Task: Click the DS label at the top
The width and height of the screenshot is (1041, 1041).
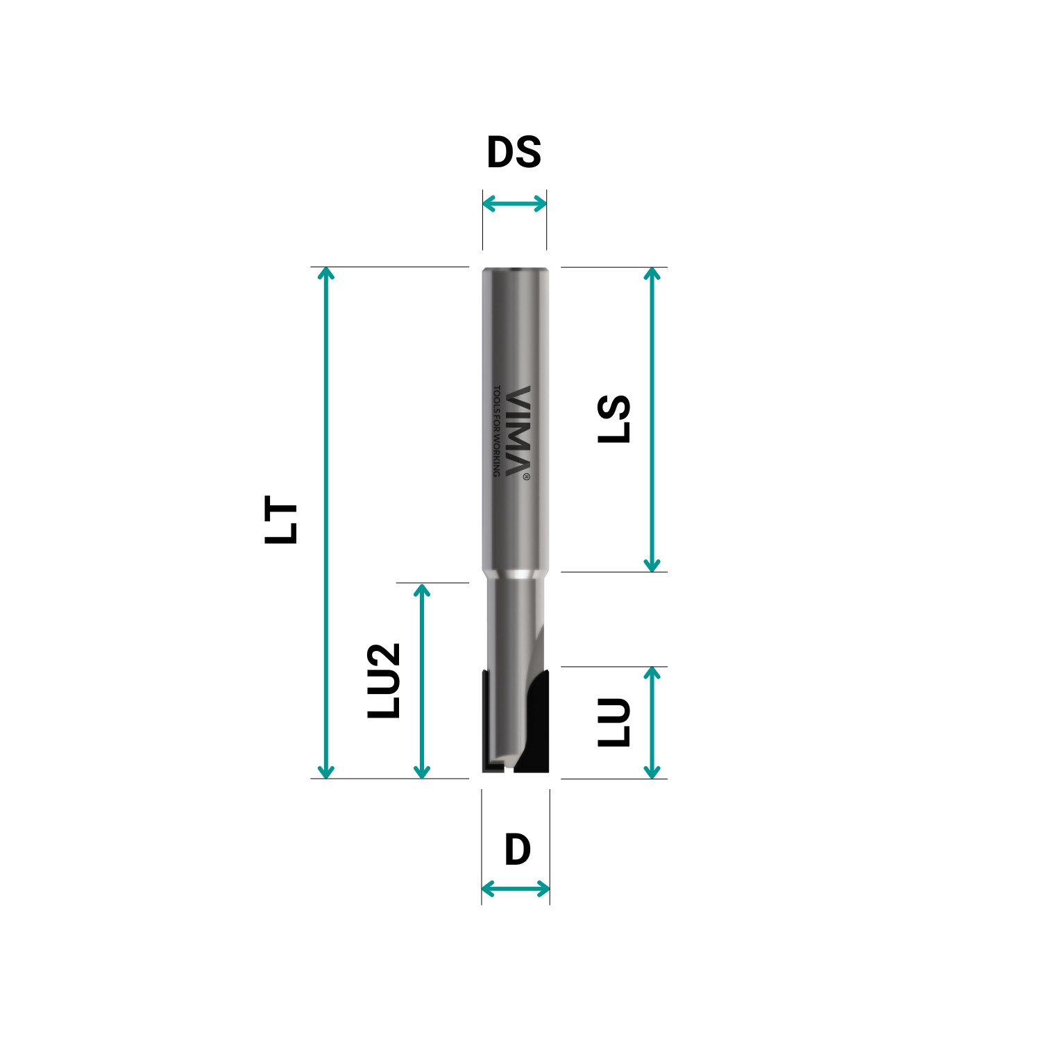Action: pyautogui.click(x=514, y=153)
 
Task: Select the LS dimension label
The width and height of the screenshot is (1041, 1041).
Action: pyautogui.click(x=614, y=419)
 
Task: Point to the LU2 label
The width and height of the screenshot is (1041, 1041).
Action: pyautogui.click(x=384, y=681)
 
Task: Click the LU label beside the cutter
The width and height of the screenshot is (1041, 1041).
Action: pyautogui.click(x=614, y=722)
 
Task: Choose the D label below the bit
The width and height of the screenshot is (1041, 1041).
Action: pyautogui.click(x=517, y=850)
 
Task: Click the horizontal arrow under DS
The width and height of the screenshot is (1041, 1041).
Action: pyautogui.click(x=514, y=203)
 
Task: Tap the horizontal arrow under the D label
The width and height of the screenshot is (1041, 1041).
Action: pyautogui.click(x=516, y=888)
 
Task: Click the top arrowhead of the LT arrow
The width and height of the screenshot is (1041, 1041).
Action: pyautogui.click(x=325, y=272)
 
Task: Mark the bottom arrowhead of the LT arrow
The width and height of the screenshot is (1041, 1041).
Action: pyautogui.click(x=325, y=772)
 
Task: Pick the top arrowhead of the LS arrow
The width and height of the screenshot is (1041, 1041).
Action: pyautogui.click(x=652, y=272)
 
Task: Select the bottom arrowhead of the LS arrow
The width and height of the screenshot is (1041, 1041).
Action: pyautogui.click(x=652, y=566)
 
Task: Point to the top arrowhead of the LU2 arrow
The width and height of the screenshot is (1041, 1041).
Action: pyautogui.click(x=422, y=589)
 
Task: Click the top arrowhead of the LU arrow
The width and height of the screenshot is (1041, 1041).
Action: pyautogui.click(x=652, y=672)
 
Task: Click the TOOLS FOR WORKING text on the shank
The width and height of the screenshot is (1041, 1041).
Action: pyautogui.click(x=496, y=430)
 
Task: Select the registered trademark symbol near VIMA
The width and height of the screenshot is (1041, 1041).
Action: pyautogui.click(x=527, y=477)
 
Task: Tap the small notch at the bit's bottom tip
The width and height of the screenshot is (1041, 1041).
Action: pyautogui.click(x=509, y=769)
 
